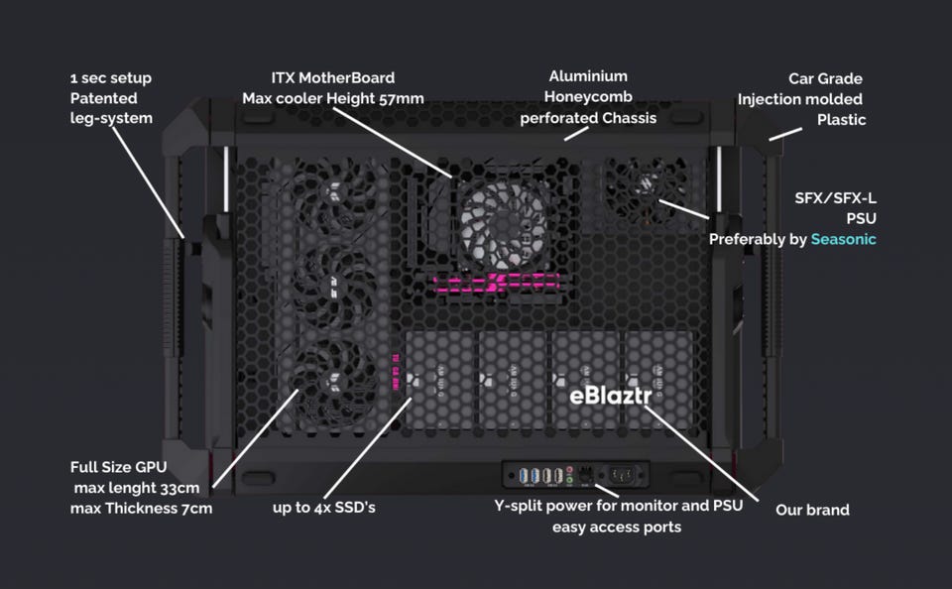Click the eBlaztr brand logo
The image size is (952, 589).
(610, 396)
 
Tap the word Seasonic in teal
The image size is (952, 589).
(843, 239)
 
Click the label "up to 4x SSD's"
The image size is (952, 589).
(324, 507)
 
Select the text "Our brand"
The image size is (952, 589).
(812, 510)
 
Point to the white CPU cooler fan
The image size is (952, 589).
(503, 225)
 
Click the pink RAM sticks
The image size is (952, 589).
(496, 282)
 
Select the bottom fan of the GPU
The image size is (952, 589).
(333, 380)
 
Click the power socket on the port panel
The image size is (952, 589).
(623, 474)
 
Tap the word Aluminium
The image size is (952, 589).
(588, 76)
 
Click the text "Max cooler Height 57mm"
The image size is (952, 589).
(333, 98)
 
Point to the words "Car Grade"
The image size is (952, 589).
(825, 78)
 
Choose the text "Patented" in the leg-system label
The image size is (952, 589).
(103, 98)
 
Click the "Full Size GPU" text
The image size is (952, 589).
(118, 467)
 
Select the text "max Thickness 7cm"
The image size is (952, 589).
(142, 509)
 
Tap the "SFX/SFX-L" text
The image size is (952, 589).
(835, 198)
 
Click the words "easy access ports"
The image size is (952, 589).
(617, 528)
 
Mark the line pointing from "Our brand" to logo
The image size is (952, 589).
(701, 453)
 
